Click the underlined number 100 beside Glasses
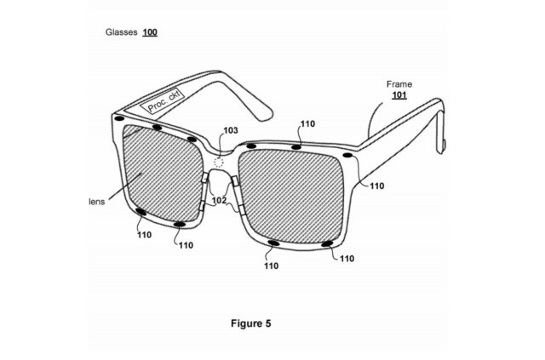150,32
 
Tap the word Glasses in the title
121,32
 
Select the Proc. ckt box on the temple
162,102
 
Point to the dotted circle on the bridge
218,163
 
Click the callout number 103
231,130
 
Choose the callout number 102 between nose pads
219,200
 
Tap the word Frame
399,84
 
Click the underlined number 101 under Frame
399,95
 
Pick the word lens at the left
97,202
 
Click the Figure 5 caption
250,323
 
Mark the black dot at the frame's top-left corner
119,118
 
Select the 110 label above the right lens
307,124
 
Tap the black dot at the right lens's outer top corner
347,155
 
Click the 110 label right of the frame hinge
376,186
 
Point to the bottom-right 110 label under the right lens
347,259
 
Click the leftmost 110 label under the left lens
144,235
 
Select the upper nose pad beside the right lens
235,180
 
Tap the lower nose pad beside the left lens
202,206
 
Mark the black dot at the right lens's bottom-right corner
326,244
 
